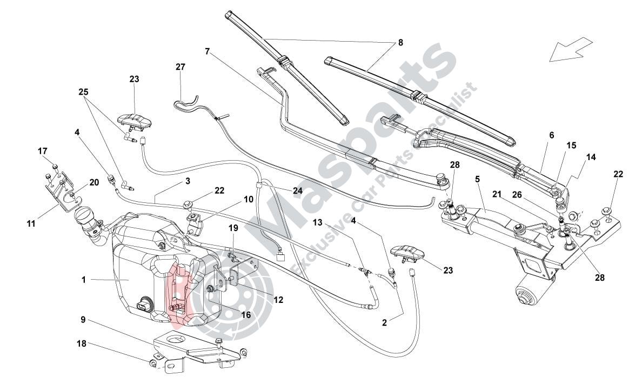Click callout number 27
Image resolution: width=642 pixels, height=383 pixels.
point(180,67)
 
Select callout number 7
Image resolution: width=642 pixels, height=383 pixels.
point(208,52)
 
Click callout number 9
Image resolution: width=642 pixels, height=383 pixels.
point(84,319)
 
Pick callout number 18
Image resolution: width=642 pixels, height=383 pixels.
point(81,344)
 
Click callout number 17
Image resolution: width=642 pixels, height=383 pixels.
point(43,151)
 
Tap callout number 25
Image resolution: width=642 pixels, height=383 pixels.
point(83,93)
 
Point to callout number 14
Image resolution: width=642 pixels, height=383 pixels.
point(591,157)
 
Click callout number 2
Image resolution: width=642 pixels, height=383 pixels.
point(384,322)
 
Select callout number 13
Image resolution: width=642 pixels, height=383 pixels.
point(317,222)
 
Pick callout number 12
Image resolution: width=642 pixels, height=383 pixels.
point(278,299)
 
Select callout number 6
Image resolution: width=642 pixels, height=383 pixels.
point(551,136)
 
